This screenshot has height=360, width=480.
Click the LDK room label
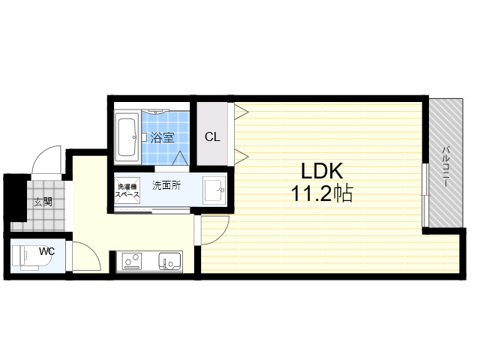(x=322, y=171)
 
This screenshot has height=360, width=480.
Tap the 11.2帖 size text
(x=322, y=193)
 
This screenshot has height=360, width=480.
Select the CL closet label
(x=212, y=136)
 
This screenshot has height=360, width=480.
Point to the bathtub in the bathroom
(x=127, y=136)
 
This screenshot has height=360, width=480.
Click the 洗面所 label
(x=166, y=185)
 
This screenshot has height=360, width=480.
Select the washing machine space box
(x=127, y=190)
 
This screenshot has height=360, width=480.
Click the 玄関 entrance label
(x=43, y=202)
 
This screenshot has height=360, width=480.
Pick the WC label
(x=46, y=251)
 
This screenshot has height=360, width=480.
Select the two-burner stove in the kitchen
(x=132, y=261)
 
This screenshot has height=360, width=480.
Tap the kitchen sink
(x=170, y=261)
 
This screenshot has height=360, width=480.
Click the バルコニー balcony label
(x=446, y=167)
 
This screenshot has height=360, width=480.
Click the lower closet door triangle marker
(x=241, y=157)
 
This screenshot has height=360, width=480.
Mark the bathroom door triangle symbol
(x=180, y=158)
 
